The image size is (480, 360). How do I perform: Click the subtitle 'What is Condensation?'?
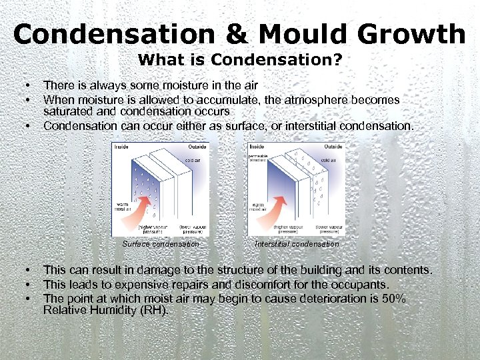tap(240, 60)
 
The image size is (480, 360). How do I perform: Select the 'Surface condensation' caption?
tap(161, 244)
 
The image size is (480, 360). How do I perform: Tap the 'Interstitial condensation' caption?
tap(297, 244)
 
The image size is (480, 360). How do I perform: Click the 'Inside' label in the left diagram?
tap(121, 146)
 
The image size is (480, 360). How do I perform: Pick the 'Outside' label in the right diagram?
tap(334, 146)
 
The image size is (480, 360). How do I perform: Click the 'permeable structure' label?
tap(259, 157)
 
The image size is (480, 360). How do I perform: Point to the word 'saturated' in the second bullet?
tap(67, 111)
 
